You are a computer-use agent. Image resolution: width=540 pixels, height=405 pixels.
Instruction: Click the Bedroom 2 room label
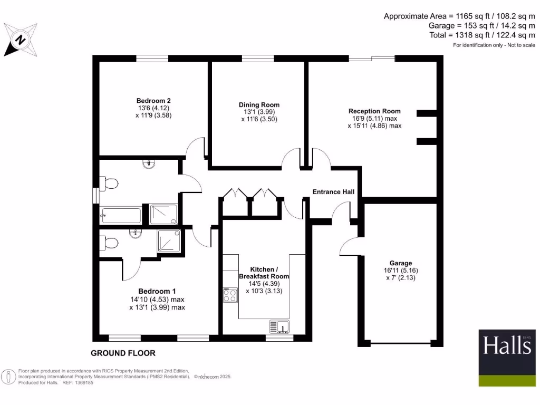coord(153,100)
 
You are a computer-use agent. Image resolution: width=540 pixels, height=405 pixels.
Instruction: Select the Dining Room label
coord(259,104)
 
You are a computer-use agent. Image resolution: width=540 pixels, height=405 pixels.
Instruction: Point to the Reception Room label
coord(374,111)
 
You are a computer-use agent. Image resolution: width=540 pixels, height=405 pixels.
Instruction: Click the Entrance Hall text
coord(333,191)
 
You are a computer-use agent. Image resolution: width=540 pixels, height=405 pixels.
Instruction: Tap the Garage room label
coord(401,263)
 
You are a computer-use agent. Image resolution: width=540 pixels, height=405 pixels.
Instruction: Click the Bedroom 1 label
coord(157,291)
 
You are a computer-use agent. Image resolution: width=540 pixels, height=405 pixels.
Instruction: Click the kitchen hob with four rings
coord(229,295)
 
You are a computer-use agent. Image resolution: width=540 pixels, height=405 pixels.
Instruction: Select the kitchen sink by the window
coord(280,327)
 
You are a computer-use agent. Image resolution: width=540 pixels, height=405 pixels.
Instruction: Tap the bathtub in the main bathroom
coord(120,216)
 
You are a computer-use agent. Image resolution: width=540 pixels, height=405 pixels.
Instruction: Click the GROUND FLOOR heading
coord(123,353)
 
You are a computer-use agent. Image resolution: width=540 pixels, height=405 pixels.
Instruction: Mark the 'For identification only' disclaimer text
coord(494,45)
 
